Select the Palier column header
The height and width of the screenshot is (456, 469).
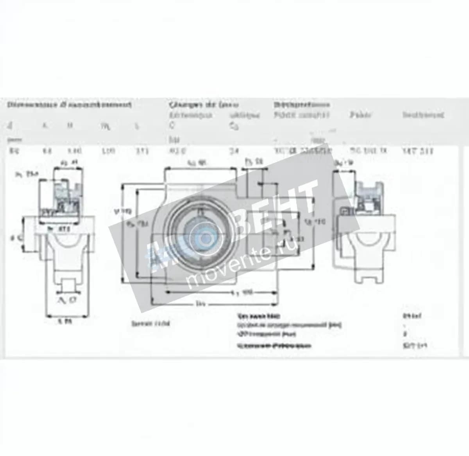360,115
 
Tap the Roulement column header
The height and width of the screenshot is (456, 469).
423,115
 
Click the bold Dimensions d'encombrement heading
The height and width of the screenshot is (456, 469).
69,105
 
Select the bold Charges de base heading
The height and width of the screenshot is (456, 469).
204,105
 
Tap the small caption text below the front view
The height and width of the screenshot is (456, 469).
151,324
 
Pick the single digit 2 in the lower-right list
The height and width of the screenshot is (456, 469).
405,334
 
